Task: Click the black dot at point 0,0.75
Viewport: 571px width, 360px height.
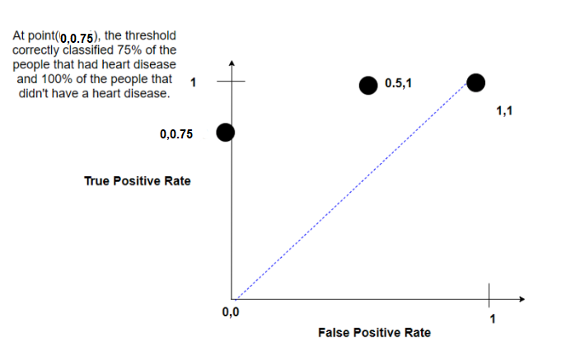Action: click(224, 132)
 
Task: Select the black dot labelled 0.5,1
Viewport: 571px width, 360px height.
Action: click(369, 84)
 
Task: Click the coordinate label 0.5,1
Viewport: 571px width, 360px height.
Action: click(398, 83)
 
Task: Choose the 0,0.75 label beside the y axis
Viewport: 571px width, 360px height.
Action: click(177, 133)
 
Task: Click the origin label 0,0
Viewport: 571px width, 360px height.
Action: click(230, 313)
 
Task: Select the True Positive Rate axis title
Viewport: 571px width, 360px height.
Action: click(137, 180)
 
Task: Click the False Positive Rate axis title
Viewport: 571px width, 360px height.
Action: click(374, 333)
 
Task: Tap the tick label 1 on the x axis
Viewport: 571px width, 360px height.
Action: click(493, 319)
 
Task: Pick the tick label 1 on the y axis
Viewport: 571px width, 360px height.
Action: click(193, 82)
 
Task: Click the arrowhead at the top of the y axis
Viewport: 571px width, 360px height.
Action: click(233, 63)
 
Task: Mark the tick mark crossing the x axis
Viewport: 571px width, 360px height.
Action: click(488, 293)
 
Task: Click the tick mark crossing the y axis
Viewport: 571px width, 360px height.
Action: click(233, 82)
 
